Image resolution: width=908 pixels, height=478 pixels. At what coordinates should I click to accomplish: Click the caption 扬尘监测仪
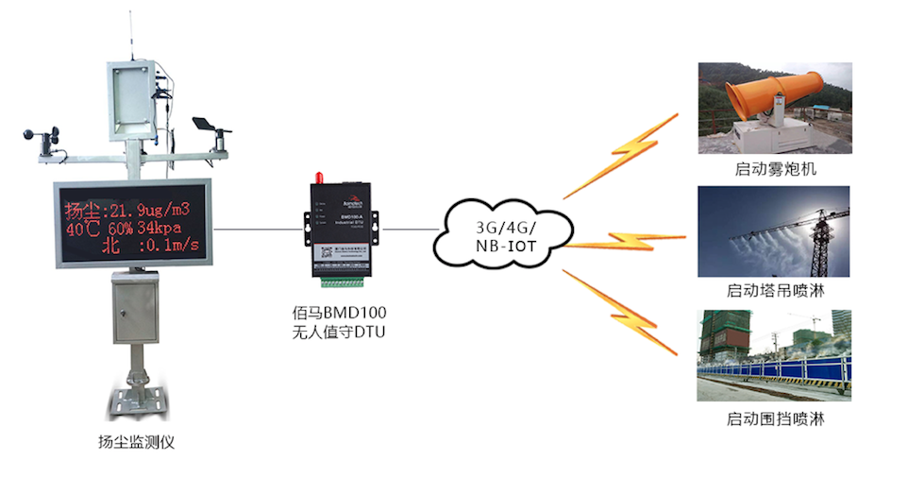[136, 441]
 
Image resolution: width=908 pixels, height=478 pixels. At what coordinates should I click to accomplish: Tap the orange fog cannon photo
[774, 108]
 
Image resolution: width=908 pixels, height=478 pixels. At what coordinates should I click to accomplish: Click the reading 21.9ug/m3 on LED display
[150, 209]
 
